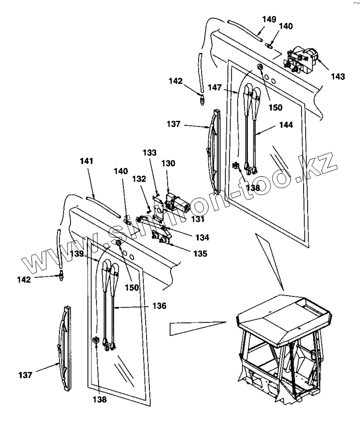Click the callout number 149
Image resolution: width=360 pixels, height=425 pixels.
[270, 19]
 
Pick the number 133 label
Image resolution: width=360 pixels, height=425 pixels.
[150, 152]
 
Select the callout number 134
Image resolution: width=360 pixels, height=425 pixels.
[202, 237]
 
